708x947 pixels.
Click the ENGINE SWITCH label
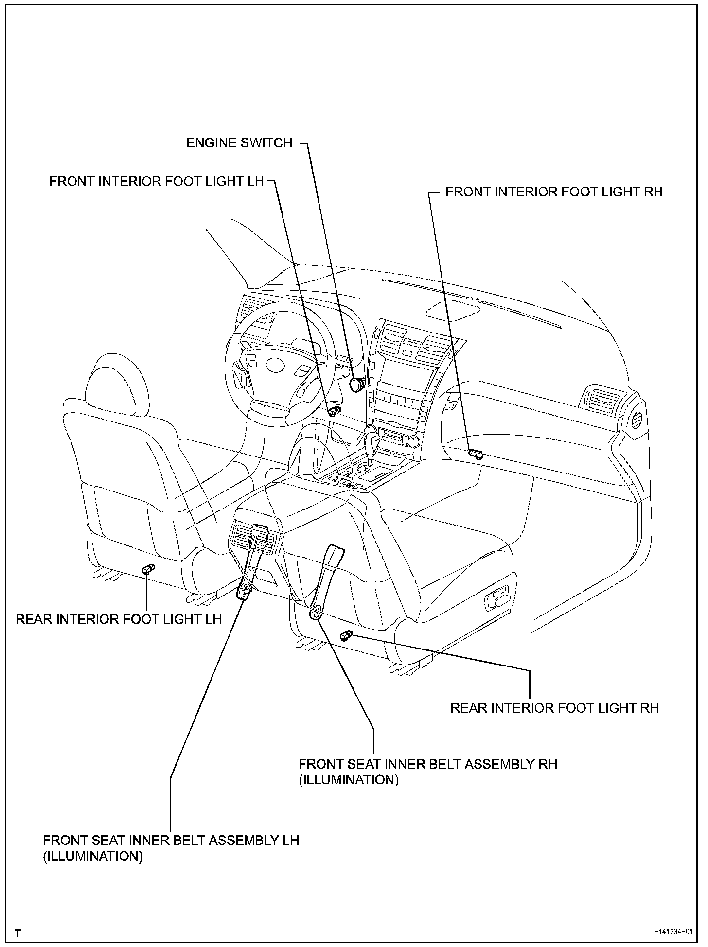[239, 143]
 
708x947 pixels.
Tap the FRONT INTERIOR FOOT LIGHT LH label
[156, 181]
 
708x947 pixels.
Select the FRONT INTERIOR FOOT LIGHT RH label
[554, 192]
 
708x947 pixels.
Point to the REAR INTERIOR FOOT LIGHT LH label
[119, 619]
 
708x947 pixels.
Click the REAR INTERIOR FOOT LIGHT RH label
[554, 707]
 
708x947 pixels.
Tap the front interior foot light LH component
[334, 412]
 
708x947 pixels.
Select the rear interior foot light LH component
[148, 569]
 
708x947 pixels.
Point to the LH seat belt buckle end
[244, 592]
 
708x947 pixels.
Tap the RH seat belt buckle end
[317, 612]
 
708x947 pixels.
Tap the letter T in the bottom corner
[18, 933]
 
